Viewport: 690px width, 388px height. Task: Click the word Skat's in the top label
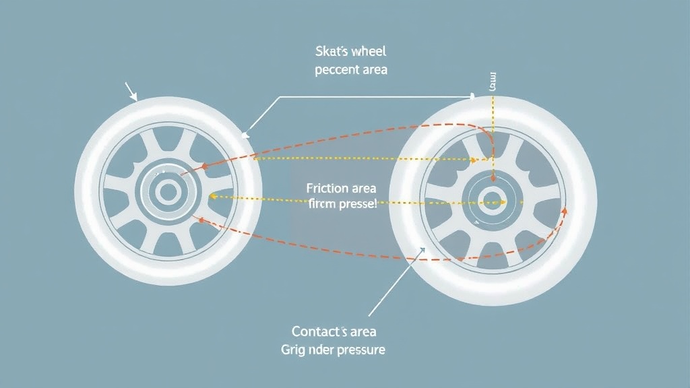tap(330, 52)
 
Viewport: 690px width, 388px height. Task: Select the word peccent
tap(335, 69)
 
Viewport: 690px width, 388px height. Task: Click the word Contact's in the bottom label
tap(319, 331)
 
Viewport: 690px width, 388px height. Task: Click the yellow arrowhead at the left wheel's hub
tap(211, 197)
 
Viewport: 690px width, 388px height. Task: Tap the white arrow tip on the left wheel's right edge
tap(247, 134)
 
